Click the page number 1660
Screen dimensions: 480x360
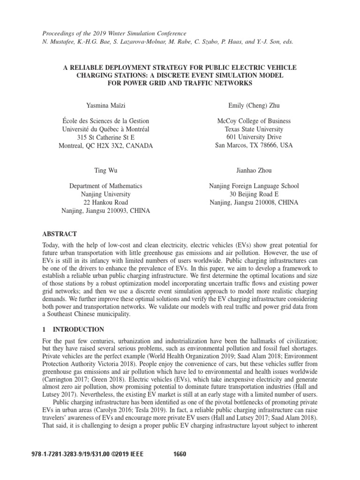180,454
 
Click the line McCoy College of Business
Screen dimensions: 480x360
254,121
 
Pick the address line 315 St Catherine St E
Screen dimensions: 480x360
105,137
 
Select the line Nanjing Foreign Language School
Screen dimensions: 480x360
254,186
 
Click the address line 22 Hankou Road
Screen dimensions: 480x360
105,202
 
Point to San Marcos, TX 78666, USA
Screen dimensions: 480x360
254,145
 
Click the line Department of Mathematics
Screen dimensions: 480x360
105,186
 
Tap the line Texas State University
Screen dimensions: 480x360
254,129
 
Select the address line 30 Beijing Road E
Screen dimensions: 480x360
254,194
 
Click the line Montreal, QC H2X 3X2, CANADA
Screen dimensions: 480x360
105,146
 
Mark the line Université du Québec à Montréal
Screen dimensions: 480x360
105,129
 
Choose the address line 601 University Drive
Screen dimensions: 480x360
254,137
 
